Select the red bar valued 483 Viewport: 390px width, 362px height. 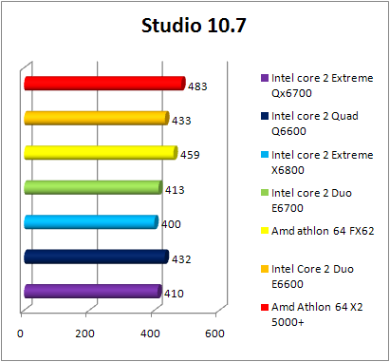coord(104,85)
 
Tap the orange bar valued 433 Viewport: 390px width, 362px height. coord(96,119)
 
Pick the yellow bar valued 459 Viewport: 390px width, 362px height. coord(101,153)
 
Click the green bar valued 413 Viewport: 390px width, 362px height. coord(93,187)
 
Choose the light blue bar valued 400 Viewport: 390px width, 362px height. coord(91,222)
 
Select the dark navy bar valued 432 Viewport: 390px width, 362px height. coord(96,257)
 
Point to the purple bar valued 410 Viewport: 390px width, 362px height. coord(93,292)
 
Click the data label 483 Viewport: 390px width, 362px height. coord(197,86)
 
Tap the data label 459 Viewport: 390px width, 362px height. coord(190,154)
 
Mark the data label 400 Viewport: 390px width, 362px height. coord(171,224)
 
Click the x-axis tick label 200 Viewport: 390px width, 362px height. coord(85,333)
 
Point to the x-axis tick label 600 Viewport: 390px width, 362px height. coord(214,333)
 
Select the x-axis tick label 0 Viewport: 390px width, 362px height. coord(21,333)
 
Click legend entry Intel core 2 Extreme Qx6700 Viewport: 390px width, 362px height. coord(307,86)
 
